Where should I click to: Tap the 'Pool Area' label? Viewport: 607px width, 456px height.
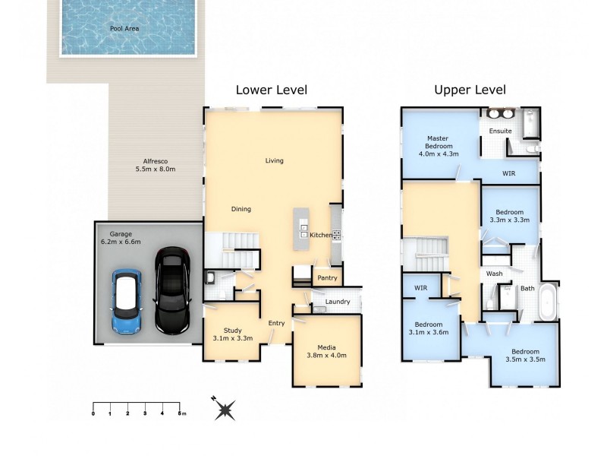tap(124, 29)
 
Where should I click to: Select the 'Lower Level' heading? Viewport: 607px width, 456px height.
tap(271, 90)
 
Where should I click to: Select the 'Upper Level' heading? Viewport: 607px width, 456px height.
tap(470, 90)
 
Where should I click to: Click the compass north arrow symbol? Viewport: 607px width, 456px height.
tap(224, 410)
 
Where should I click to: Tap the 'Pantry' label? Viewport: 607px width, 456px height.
tap(327, 278)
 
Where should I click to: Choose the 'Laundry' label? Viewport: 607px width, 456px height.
tap(337, 302)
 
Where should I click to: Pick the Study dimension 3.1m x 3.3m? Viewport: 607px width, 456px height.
tap(232, 337)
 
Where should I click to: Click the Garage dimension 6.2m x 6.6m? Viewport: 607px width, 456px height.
tap(121, 242)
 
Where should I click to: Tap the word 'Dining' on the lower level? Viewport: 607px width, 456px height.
tap(241, 209)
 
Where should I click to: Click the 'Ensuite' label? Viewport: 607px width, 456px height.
tap(500, 131)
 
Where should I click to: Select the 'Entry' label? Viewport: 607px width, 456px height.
tap(276, 323)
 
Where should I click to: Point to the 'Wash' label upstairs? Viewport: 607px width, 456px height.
tap(494, 274)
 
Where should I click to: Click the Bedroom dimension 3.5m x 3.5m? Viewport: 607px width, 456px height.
tap(525, 359)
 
